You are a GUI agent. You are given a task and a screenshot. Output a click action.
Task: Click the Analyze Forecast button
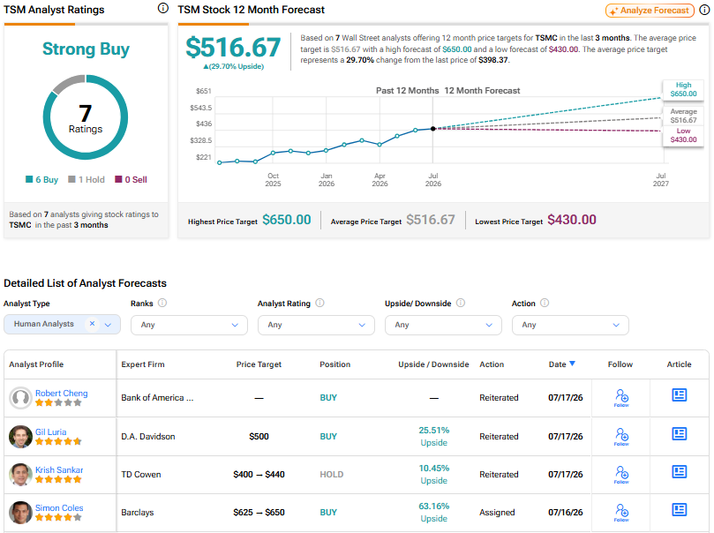click(650, 11)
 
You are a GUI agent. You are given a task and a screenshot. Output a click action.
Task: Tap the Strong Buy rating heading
click(86, 49)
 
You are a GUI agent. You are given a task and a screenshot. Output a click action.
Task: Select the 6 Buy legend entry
click(41, 179)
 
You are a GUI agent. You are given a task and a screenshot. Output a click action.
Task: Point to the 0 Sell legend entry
click(131, 179)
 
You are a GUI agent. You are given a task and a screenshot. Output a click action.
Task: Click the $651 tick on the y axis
click(204, 91)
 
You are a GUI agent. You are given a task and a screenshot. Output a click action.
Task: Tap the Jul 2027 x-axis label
click(661, 179)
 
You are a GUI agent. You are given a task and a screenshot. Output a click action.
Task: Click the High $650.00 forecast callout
click(683, 89)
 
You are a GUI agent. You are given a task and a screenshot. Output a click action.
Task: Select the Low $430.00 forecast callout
click(683, 135)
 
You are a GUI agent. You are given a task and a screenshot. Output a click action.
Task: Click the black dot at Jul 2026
click(433, 129)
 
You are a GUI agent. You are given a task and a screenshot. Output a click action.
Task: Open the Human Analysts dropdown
click(62, 324)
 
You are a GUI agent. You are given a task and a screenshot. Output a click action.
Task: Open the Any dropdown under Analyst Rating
click(316, 325)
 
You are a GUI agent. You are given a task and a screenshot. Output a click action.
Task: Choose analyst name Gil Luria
click(51, 432)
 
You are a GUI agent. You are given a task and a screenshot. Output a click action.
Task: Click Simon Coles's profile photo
click(20, 513)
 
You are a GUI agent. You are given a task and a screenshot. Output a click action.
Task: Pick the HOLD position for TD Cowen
click(332, 474)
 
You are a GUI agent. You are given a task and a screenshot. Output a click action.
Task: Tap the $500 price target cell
click(259, 437)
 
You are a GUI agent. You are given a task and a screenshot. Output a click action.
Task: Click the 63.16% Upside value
click(434, 512)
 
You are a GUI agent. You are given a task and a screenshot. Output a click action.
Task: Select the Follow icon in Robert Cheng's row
click(621, 398)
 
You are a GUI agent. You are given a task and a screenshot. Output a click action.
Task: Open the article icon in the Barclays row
click(679, 509)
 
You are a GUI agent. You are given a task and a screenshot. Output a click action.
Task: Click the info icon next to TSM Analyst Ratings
click(162, 8)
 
